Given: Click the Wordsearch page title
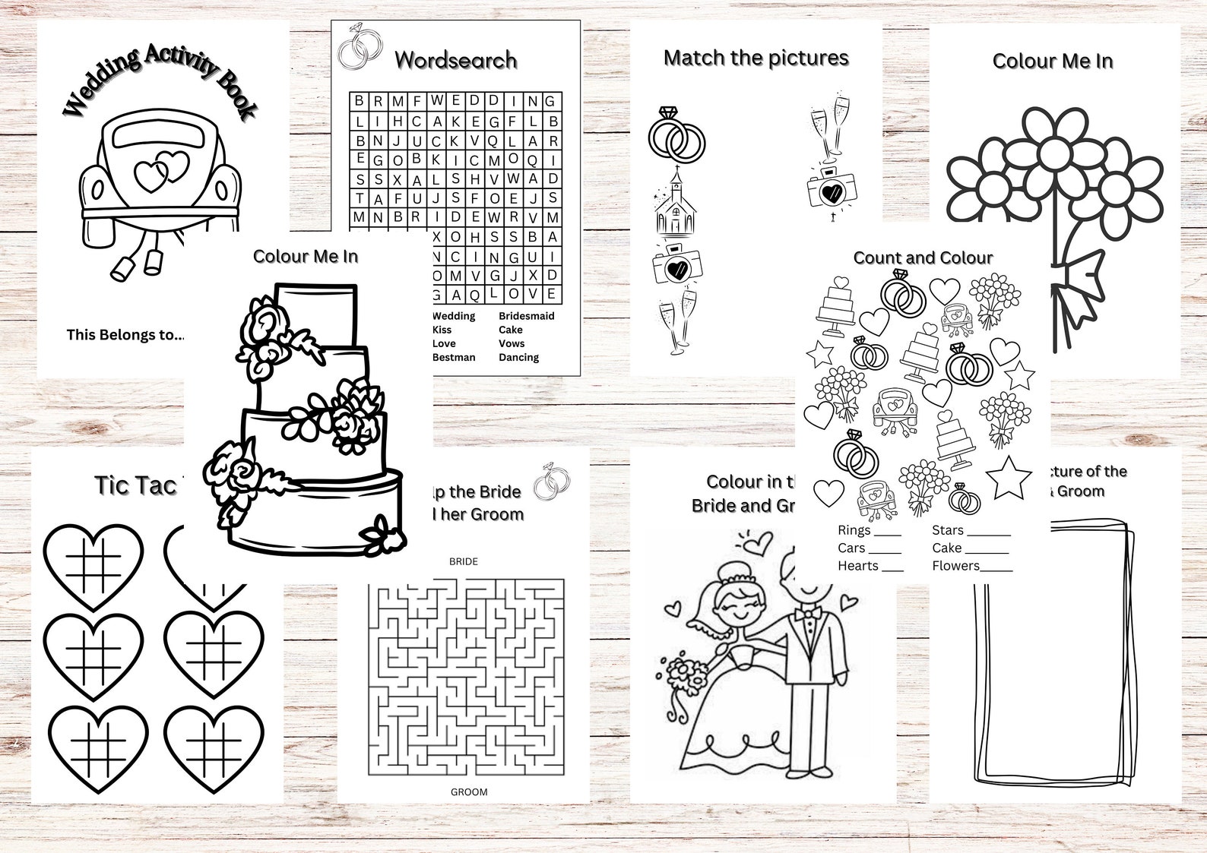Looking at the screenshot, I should click(x=456, y=60).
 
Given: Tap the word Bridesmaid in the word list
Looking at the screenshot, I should click(x=526, y=316).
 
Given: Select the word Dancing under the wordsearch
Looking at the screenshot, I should click(x=518, y=357).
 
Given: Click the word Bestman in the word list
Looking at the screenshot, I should click(x=454, y=357).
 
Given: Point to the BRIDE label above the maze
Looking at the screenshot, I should click(x=464, y=561).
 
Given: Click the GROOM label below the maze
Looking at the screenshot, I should click(x=469, y=791).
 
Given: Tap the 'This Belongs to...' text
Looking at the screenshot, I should click(x=125, y=334).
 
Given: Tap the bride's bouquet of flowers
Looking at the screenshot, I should click(x=686, y=673).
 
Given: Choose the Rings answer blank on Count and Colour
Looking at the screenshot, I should click(x=888, y=532).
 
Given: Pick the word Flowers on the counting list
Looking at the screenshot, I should click(x=955, y=566).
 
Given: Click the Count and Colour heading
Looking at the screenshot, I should click(x=923, y=257).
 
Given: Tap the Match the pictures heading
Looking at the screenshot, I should click(x=756, y=58).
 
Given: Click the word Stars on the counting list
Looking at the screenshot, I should click(x=947, y=530).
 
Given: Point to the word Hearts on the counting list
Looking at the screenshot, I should click(x=857, y=566).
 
